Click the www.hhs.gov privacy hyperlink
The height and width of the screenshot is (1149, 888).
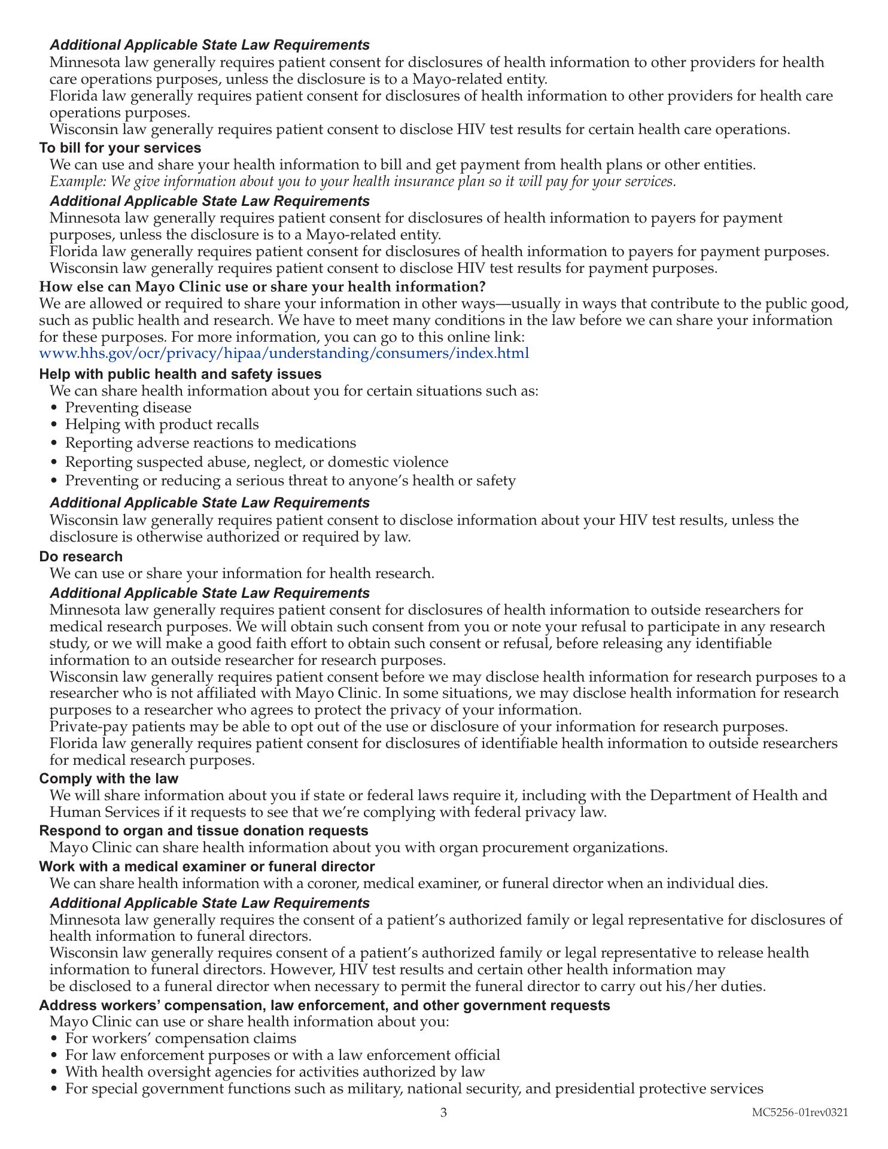[x=284, y=353]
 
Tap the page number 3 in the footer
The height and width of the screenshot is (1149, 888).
[x=443, y=1112]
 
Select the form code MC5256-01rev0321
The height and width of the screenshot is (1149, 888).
[x=800, y=1112]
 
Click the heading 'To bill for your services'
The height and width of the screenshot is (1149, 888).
[x=120, y=148]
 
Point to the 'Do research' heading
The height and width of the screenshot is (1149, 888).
[x=81, y=557]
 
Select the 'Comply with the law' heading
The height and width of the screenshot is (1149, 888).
[x=109, y=779]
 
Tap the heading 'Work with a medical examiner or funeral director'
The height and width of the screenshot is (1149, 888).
[x=207, y=867]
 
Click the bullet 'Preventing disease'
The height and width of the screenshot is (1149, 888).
[x=128, y=408]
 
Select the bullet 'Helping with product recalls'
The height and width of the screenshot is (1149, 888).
[x=162, y=425]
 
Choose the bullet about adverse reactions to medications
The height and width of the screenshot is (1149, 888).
[x=210, y=443]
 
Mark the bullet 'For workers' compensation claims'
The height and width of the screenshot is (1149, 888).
[x=180, y=1038]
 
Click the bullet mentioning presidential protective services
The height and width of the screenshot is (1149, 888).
[x=413, y=1089]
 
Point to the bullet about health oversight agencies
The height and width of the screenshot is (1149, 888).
[x=275, y=1072]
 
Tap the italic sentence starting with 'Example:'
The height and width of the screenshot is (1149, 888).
[x=363, y=182]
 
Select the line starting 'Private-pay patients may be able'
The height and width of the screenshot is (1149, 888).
[x=418, y=727]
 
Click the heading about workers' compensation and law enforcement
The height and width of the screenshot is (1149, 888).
[x=324, y=1005]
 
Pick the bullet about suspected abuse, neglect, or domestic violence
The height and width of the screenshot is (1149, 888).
[x=256, y=463]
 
